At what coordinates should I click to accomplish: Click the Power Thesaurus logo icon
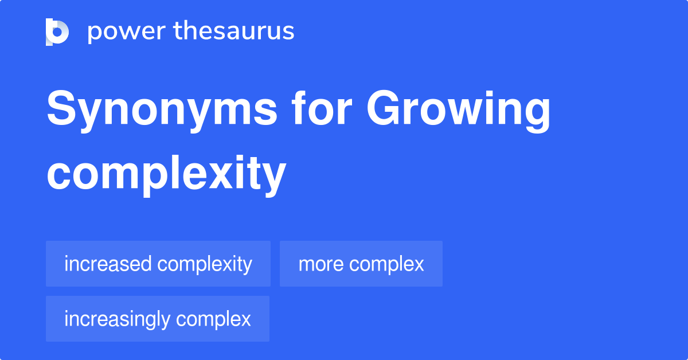click(57, 32)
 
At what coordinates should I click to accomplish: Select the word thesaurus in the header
click(234, 32)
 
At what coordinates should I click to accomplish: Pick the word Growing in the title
click(459, 111)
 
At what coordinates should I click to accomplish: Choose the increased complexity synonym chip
click(158, 264)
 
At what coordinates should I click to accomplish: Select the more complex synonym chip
click(361, 264)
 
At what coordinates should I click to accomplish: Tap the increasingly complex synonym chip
click(158, 319)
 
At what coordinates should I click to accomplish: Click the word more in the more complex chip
click(321, 264)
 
